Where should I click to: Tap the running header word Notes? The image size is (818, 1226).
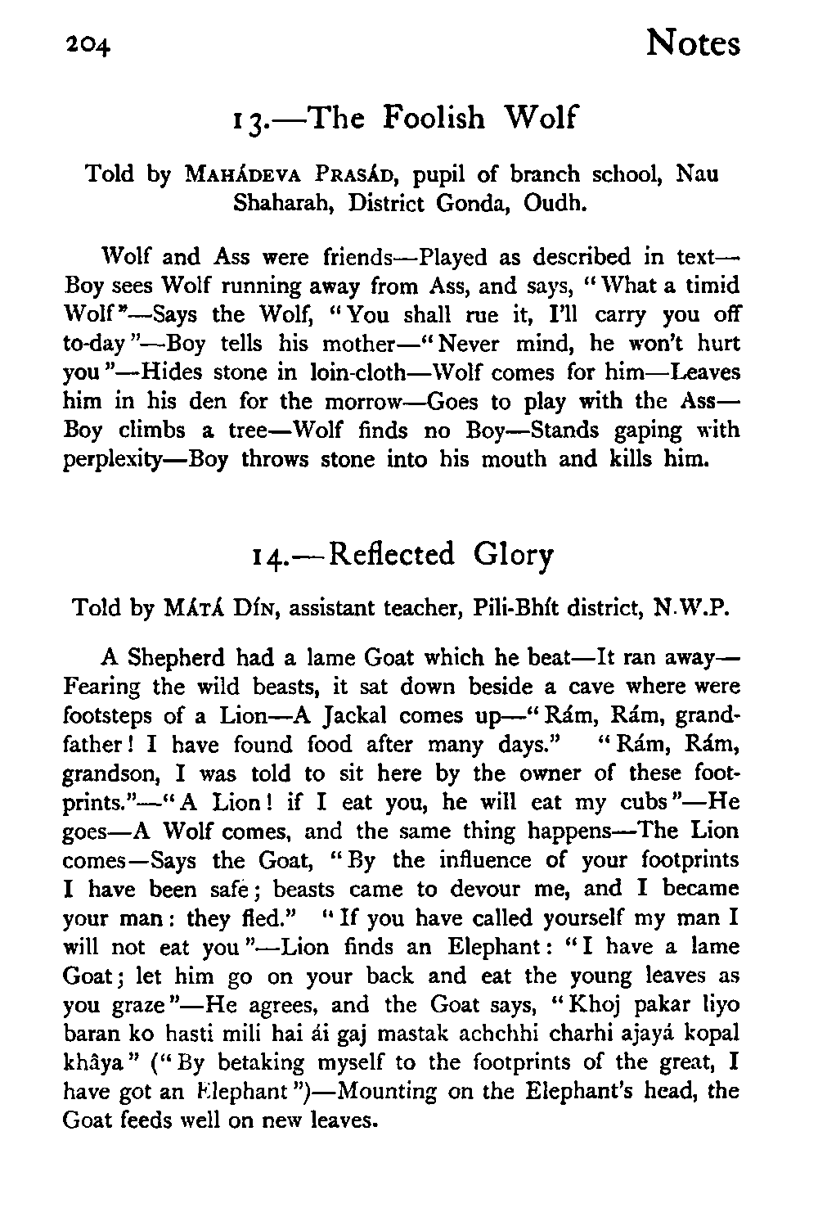[692, 43]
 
